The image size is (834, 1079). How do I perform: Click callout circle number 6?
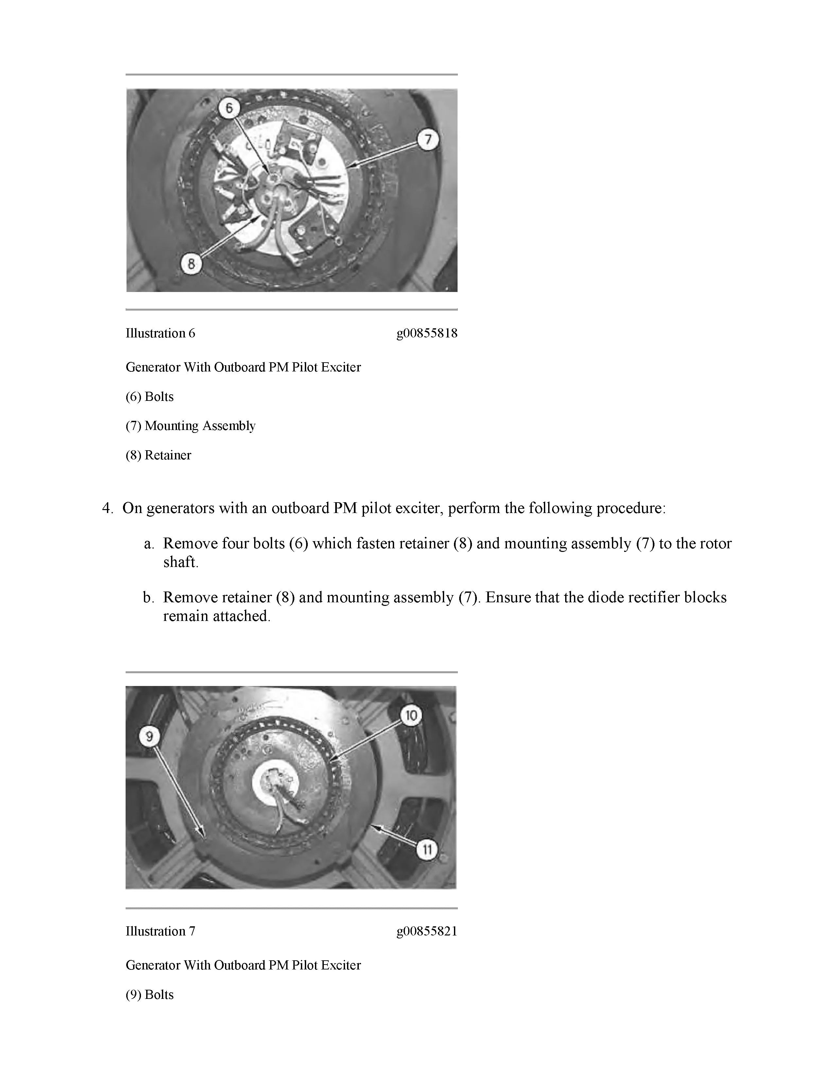point(229,108)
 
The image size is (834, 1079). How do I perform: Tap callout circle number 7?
point(428,140)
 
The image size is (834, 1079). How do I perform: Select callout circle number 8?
point(191,263)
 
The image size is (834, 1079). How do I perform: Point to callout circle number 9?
point(149,737)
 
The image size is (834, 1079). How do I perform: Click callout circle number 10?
point(411,715)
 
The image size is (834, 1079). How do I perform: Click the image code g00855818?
point(427,334)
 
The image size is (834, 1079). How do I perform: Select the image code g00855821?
point(427,931)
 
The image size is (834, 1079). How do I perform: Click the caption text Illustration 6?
point(160,334)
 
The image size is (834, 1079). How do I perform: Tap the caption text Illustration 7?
point(160,931)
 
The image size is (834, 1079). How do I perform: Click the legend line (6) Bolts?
point(150,397)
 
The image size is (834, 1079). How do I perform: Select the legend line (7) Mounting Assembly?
point(190,426)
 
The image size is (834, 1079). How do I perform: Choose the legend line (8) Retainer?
point(158,455)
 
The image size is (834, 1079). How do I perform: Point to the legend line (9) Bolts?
point(150,995)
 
